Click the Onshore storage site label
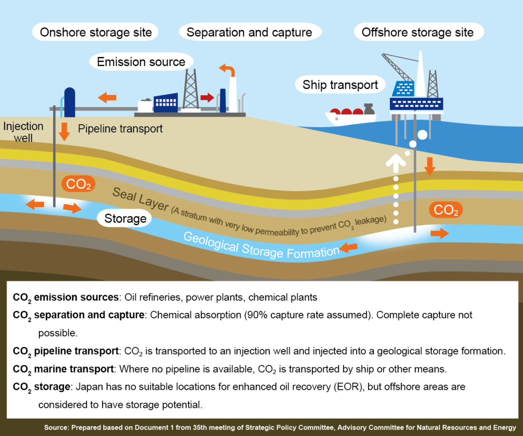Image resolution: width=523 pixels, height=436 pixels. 96,32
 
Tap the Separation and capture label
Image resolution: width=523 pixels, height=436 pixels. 250,32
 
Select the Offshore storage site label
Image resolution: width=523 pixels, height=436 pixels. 418,32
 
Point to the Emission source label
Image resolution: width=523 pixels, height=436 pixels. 141,62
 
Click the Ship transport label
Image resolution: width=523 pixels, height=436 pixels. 340,85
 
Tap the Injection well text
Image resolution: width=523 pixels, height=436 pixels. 23,132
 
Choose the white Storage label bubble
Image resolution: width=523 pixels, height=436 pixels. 125,218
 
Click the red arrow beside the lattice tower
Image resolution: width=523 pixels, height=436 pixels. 207,98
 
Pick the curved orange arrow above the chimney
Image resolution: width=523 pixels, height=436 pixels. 228,69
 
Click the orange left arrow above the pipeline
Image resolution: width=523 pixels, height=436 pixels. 107,98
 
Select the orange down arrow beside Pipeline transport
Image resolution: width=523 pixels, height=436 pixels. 64,131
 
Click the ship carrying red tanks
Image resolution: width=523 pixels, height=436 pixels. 350,116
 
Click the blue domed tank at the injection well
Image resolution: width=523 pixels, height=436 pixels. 69,102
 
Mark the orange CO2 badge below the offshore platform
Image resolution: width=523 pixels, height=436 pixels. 446,209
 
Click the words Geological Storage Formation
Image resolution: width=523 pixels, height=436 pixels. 261,246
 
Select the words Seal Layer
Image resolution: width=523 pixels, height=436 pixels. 140,199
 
